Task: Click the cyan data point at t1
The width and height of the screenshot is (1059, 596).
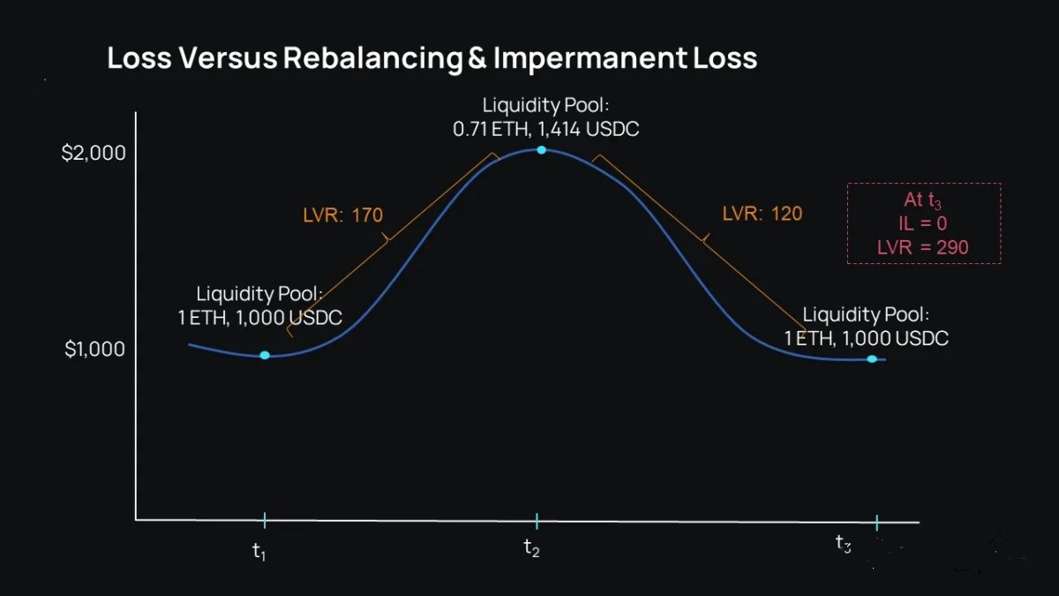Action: pos(264,355)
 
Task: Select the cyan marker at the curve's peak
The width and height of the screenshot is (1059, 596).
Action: pos(541,150)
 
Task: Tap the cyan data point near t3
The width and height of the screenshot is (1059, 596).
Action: pos(872,358)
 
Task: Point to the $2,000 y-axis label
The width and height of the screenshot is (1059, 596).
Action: pos(94,153)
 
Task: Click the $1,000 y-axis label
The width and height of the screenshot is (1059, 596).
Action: pos(94,349)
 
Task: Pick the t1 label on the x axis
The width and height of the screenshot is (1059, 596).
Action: pos(259,551)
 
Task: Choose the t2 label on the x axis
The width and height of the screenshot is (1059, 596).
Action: pos(531,548)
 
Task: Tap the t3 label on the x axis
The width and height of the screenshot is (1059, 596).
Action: pos(844,544)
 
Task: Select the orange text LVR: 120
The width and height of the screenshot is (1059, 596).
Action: pos(762,213)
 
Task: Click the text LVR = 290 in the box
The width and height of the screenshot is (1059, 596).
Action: pos(922,247)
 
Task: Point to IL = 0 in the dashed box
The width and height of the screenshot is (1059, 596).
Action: pos(924,224)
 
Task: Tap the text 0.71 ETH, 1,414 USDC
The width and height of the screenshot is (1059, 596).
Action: pos(545,129)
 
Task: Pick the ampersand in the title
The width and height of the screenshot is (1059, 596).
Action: pos(477,58)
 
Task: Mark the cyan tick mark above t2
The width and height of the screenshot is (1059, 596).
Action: pos(537,520)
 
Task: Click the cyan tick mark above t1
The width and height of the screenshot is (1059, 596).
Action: pos(264,520)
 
